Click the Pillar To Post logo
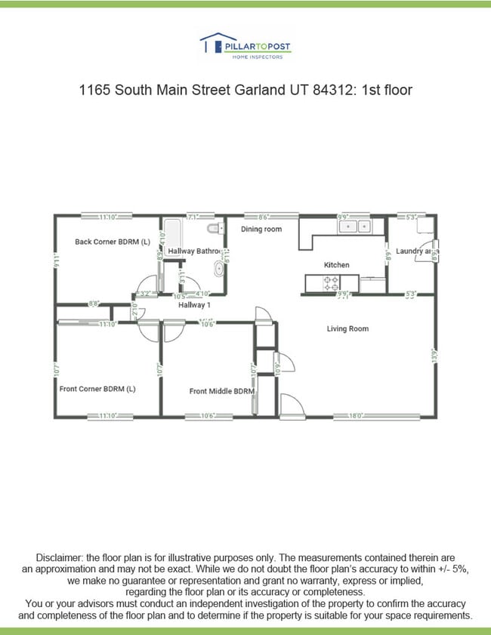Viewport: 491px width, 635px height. click(x=245, y=47)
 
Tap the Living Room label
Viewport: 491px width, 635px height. click(x=347, y=329)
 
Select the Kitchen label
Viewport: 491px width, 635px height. click(x=337, y=265)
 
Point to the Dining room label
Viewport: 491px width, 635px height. click(x=261, y=229)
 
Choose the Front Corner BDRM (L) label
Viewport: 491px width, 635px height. click(x=97, y=389)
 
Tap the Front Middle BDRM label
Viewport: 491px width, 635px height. click(x=221, y=391)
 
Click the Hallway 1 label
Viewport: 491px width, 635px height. click(x=194, y=305)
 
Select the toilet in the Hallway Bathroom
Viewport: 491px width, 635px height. click(x=213, y=227)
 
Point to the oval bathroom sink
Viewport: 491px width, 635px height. click(x=219, y=267)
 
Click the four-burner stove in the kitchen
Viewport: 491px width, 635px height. click(x=331, y=284)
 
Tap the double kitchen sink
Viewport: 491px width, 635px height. click(x=354, y=226)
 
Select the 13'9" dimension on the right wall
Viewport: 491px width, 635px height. click(x=435, y=356)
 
